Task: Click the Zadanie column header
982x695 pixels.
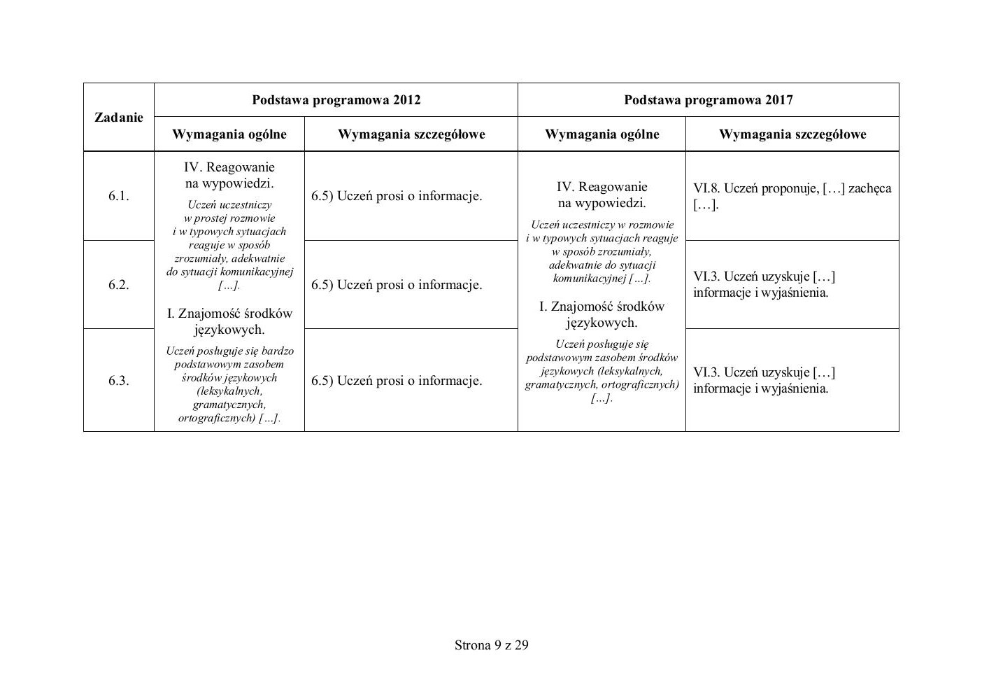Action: (118, 118)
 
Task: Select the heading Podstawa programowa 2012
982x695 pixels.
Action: (336, 100)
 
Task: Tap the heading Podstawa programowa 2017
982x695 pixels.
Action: (708, 100)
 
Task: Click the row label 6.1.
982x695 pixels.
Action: (118, 196)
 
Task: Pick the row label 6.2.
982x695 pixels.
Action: (118, 285)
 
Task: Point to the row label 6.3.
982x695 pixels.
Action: (118, 381)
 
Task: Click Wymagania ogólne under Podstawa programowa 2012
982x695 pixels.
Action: (229, 134)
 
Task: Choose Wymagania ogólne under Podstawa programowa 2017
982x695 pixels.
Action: (602, 134)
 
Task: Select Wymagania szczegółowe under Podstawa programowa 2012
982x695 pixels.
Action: (411, 134)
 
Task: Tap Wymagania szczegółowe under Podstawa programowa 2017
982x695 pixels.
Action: (792, 134)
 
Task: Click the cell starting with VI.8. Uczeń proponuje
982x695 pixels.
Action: (792, 197)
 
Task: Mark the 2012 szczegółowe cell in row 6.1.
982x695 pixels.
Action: (397, 196)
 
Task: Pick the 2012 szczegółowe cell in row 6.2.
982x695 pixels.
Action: (397, 285)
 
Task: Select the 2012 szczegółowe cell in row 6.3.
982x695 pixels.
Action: (397, 381)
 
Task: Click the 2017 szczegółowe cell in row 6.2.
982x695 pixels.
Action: (764, 285)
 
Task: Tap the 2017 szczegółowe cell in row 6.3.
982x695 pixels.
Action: (764, 381)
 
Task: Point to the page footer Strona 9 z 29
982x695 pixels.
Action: (491, 645)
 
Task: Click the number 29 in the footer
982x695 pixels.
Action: (521, 645)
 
